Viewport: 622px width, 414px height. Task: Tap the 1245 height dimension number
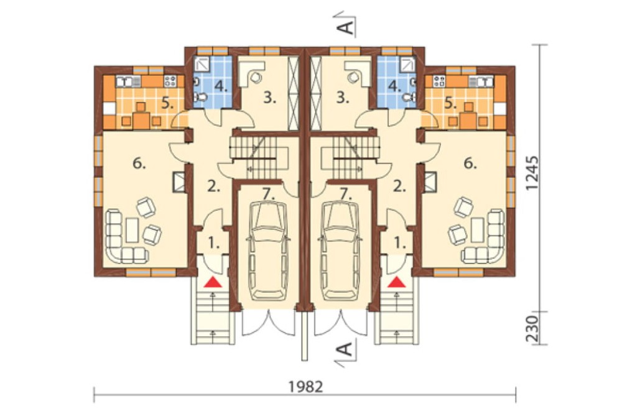pos(533,173)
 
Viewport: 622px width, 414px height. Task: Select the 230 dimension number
pos(533,329)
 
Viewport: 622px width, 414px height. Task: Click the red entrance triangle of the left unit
pos(213,282)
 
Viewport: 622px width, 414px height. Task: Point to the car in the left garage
pos(267,251)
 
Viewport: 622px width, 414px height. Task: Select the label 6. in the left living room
pos(139,163)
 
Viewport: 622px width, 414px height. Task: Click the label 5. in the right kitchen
pos(450,104)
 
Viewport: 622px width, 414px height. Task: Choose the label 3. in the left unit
pos(270,98)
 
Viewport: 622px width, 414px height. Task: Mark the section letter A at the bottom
pos(346,349)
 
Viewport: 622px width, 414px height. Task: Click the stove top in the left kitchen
pos(170,81)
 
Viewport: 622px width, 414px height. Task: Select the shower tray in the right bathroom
pos(408,64)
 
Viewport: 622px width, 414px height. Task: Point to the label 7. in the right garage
pos(345,193)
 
